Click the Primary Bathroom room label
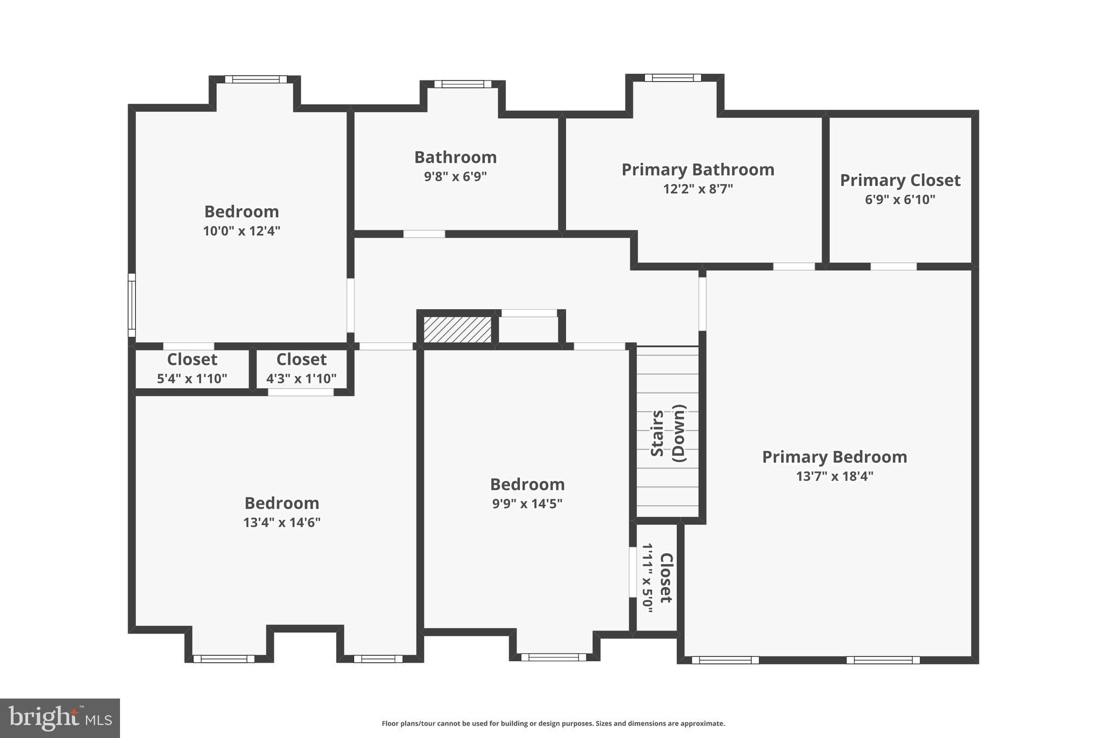pos(698,170)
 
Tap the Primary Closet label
pos(900,181)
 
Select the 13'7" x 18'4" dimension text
pos(835,476)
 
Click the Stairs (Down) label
pos(668,433)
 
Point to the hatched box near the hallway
pos(457,329)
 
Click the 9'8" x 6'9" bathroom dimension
pos(455,177)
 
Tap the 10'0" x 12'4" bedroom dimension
pos(242,231)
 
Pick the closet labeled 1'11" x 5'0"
pos(657,577)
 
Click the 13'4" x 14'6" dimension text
pos(282,523)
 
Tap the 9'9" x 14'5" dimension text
pos(527,504)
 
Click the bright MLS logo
pos(60,718)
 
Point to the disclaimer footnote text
pos(553,723)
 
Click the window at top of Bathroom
pos(463,84)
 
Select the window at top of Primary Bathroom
pos(672,77)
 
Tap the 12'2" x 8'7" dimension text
pos(698,189)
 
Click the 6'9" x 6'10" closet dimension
pos(900,200)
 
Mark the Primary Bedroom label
pos(835,457)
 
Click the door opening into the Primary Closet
pos(893,266)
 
